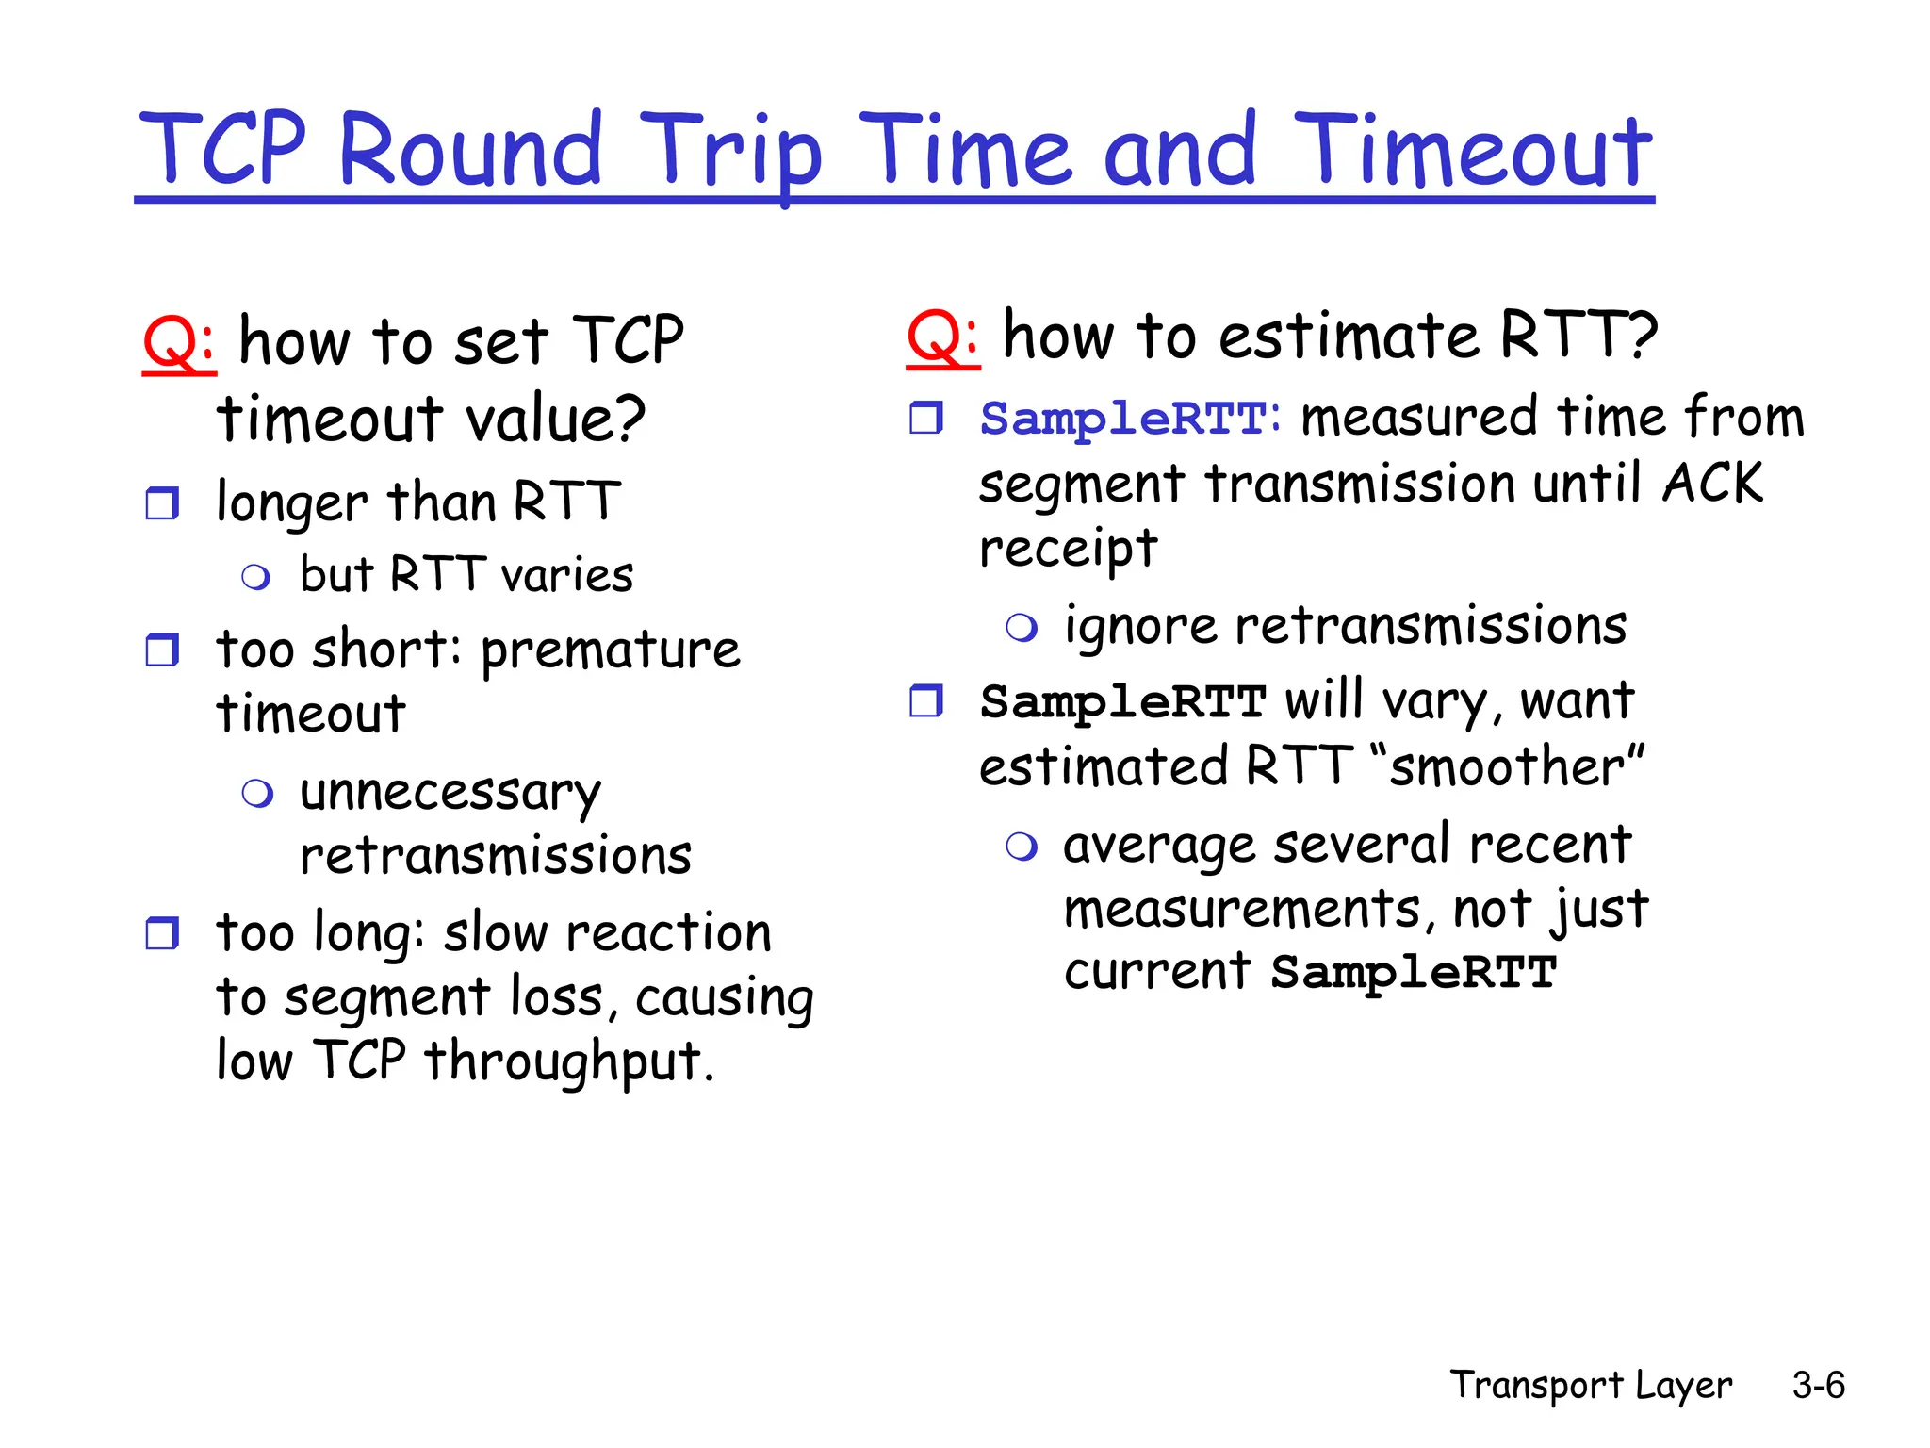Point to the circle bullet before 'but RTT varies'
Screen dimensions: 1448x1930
coord(255,577)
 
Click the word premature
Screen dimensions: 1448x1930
coord(611,650)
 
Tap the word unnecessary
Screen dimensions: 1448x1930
coord(450,793)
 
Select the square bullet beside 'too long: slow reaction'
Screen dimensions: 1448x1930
coord(162,933)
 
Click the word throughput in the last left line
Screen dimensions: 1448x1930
coord(568,1061)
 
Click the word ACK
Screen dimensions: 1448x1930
coord(1712,484)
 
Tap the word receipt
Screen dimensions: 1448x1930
coord(1068,550)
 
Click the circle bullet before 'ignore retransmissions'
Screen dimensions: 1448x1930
coord(1022,627)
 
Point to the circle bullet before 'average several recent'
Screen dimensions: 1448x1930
coord(1022,846)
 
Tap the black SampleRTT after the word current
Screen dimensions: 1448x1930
coord(1413,972)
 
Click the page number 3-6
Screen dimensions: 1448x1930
coord(1818,1385)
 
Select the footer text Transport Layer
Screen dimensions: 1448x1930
coord(1591,1385)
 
